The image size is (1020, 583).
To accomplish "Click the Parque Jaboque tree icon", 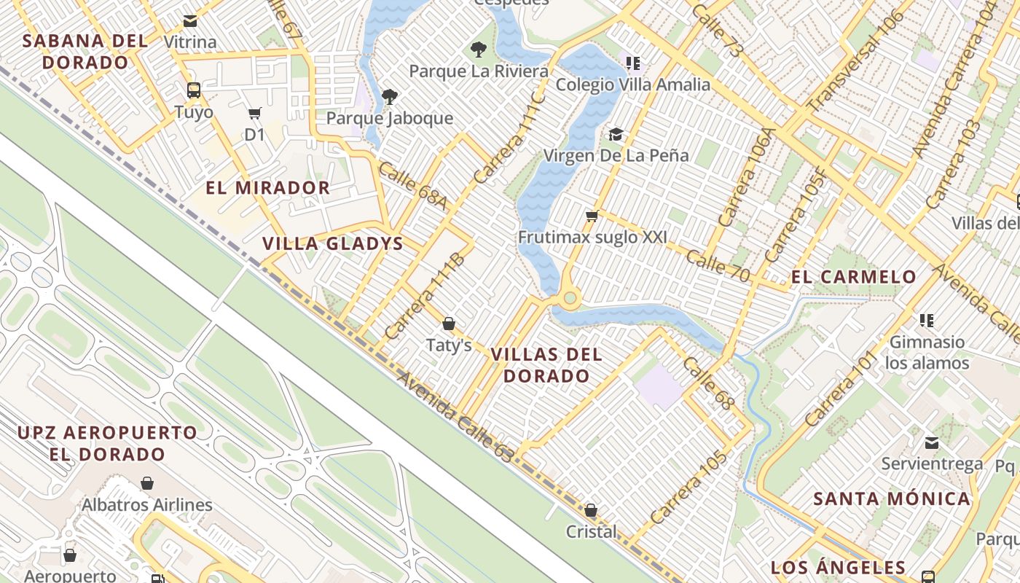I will coord(390,96).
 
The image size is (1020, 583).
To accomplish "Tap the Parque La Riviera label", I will coord(479,71).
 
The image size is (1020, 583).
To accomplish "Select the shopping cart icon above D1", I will coord(254,113).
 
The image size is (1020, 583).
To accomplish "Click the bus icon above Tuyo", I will coord(194,90).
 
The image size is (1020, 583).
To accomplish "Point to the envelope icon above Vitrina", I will coord(190,21).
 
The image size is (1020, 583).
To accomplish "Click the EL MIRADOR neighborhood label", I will coord(267,188).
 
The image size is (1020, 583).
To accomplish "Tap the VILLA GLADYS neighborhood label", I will coord(332,243).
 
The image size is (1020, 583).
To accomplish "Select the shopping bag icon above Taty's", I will coord(449,324).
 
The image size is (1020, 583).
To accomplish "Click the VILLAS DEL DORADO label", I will coord(546,365).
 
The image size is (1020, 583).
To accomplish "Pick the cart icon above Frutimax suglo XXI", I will coord(592,216).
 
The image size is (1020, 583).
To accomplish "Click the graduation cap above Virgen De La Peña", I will coord(616,134).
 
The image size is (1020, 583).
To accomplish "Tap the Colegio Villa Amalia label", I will coord(632,85).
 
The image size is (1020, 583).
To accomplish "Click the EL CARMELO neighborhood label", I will coord(853,277).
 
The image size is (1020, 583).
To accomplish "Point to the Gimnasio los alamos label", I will coord(927,352).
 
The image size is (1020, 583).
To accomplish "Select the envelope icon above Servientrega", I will coord(932,442).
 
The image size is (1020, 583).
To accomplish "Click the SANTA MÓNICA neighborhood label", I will coord(892,499).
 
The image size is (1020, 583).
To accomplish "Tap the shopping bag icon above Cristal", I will coord(591,510).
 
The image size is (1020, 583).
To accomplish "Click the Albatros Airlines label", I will coord(147,505).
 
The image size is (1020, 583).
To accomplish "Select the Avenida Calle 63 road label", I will coord(455,417).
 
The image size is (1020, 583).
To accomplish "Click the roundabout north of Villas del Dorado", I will coord(570,297).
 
